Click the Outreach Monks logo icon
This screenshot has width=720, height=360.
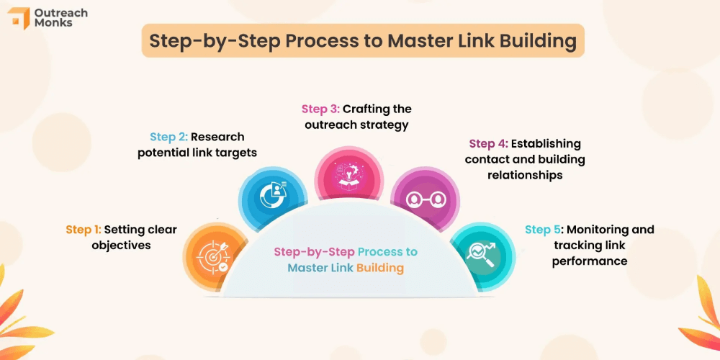(x=18, y=18)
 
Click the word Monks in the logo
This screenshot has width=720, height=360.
(x=53, y=24)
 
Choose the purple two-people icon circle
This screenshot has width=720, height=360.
(x=425, y=198)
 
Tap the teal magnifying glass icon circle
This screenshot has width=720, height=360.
(x=482, y=254)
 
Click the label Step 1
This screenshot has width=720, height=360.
(x=84, y=230)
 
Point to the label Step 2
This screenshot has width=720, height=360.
(x=168, y=137)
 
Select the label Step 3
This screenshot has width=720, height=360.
(x=320, y=109)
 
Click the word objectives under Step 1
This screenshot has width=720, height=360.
(x=121, y=246)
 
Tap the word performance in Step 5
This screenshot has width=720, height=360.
(x=589, y=261)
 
